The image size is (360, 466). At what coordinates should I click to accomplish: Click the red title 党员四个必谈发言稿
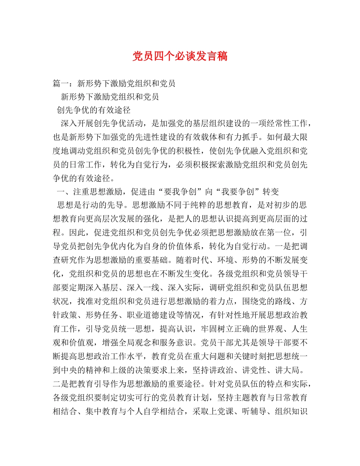pos(180,56)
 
